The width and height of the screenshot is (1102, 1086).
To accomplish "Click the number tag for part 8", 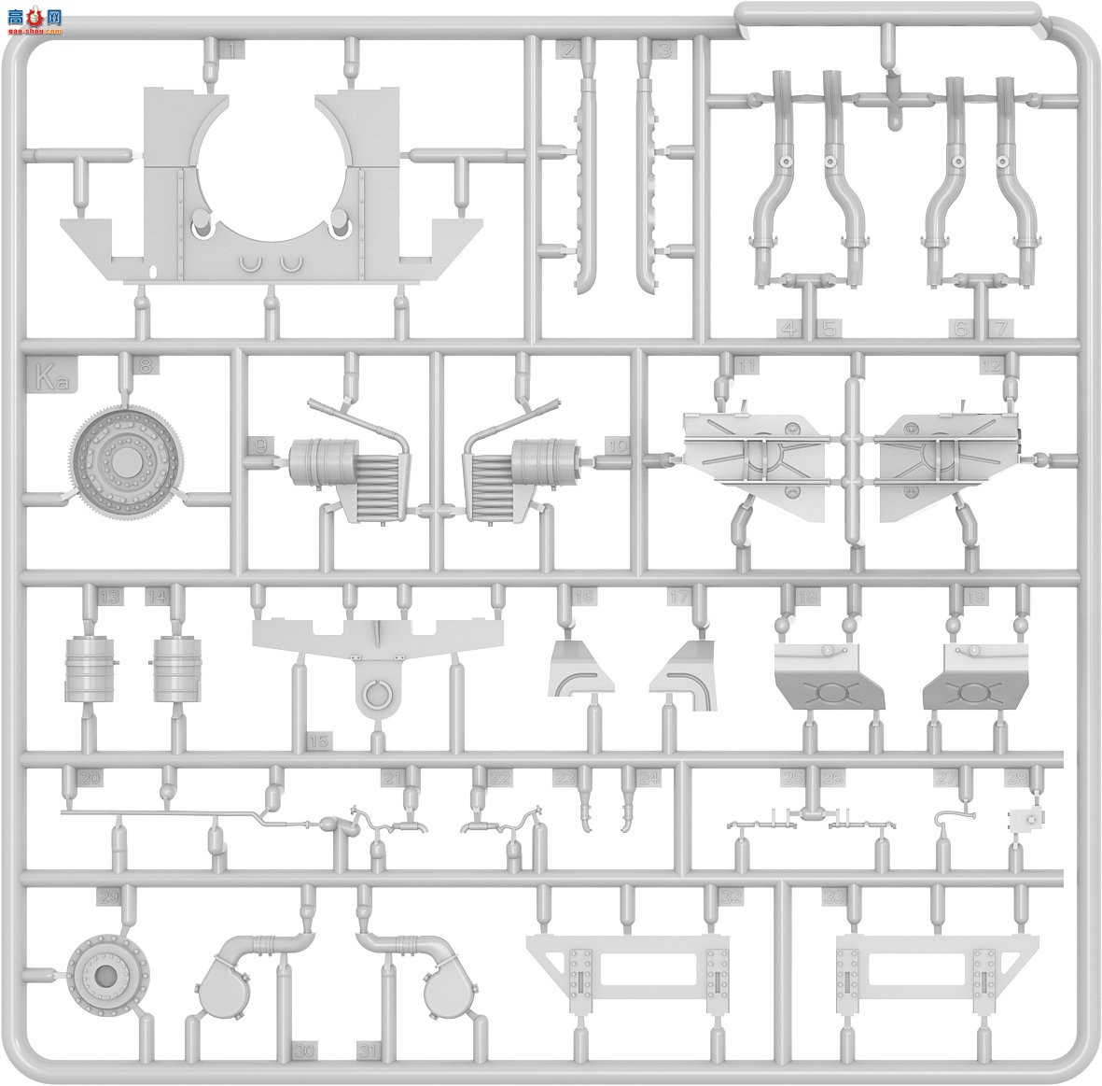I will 145,366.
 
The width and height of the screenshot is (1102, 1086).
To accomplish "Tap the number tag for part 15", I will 319,740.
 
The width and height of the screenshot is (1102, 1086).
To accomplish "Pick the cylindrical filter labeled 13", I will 90,669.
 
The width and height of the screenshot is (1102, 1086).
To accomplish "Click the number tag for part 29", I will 109,897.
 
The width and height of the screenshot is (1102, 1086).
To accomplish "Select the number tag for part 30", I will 304,1051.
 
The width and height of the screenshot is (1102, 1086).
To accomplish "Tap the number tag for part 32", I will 732,897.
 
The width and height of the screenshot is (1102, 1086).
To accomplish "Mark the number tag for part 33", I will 833,897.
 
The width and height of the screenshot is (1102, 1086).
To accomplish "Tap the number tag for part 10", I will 617,446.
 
